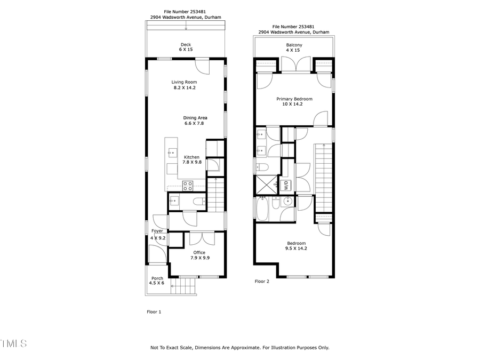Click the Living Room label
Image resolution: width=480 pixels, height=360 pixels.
click(184, 82)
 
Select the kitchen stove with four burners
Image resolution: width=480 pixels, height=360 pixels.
click(188, 185)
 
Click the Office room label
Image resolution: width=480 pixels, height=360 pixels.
click(199, 252)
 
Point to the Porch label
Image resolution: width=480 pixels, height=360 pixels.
click(157, 278)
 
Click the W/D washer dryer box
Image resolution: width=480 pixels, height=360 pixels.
click(286, 186)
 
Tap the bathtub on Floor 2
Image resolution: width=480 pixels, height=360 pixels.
click(263, 209)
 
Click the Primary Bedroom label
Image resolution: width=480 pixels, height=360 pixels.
click(294, 99)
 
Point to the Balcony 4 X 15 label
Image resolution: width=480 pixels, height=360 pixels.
click(294, 45)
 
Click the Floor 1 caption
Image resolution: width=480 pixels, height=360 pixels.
click(154, 312)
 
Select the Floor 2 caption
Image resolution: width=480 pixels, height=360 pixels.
click(261, 281)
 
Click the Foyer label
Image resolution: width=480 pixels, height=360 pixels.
click(157, 231)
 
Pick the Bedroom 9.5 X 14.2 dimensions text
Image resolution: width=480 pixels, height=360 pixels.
click(295, 248)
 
